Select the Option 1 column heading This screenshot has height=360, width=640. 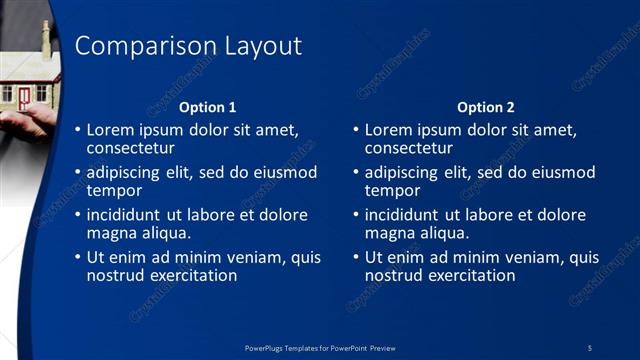207,107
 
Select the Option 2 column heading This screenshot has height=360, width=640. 485,107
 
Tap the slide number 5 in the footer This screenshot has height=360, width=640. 590,347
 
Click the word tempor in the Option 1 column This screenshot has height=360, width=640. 113,190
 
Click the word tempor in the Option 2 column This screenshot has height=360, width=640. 391,190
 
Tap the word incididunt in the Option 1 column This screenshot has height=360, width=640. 126,215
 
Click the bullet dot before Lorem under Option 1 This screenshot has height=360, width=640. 78,130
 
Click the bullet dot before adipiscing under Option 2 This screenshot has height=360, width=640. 356,172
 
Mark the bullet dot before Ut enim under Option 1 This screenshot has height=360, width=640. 78,257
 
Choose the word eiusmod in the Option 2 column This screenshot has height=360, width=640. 561,172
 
